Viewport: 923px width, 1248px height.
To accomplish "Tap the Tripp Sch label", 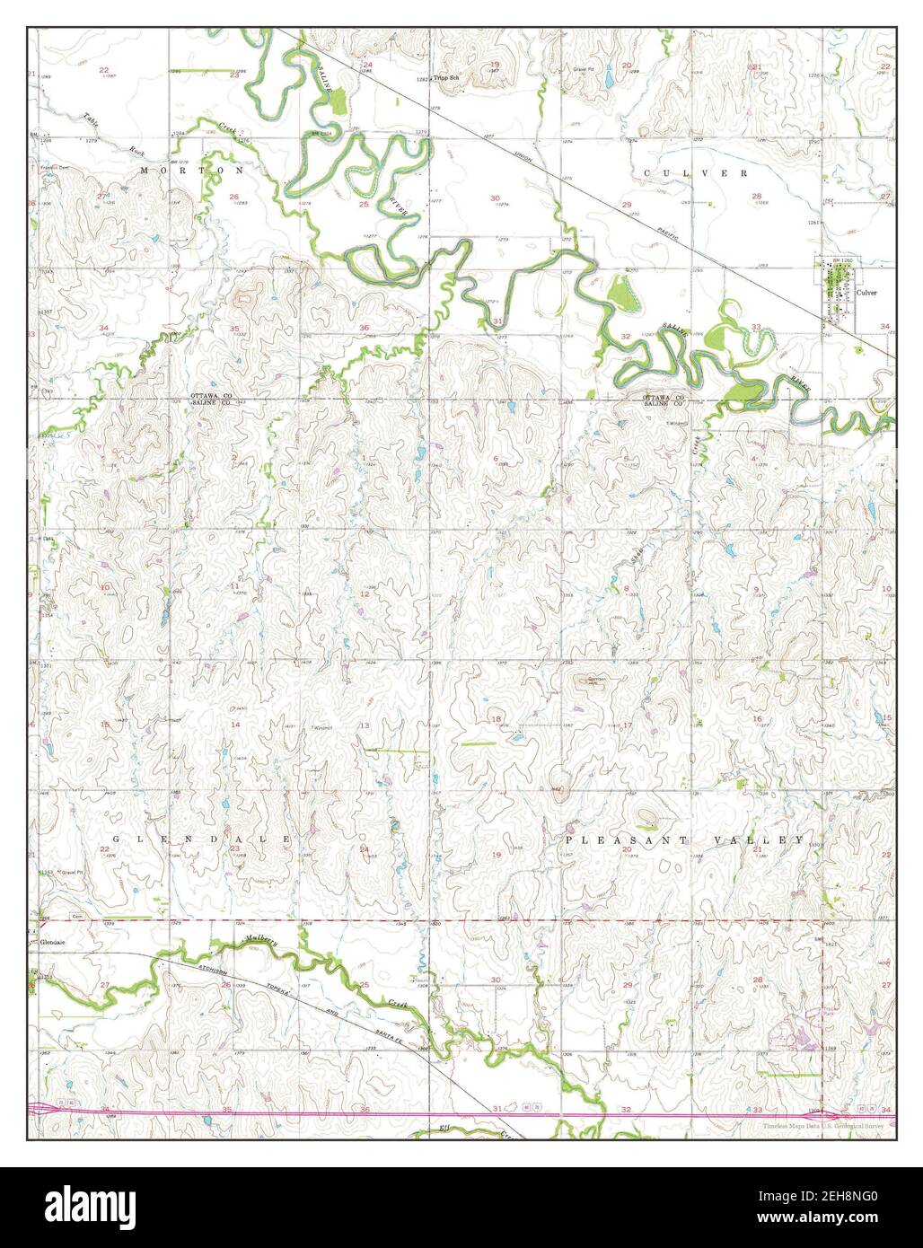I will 445,79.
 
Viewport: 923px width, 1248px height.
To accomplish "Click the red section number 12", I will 365,593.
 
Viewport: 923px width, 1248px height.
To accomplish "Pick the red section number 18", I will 495,720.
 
